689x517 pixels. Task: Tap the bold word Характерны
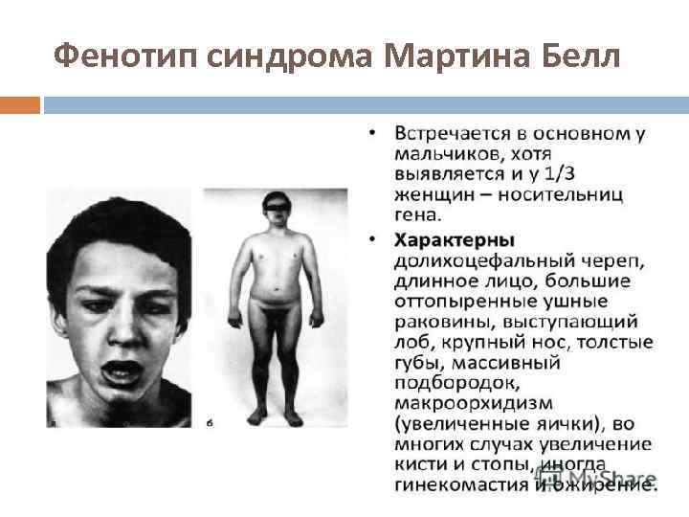(456, 238)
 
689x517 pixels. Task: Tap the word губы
(417, 362)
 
